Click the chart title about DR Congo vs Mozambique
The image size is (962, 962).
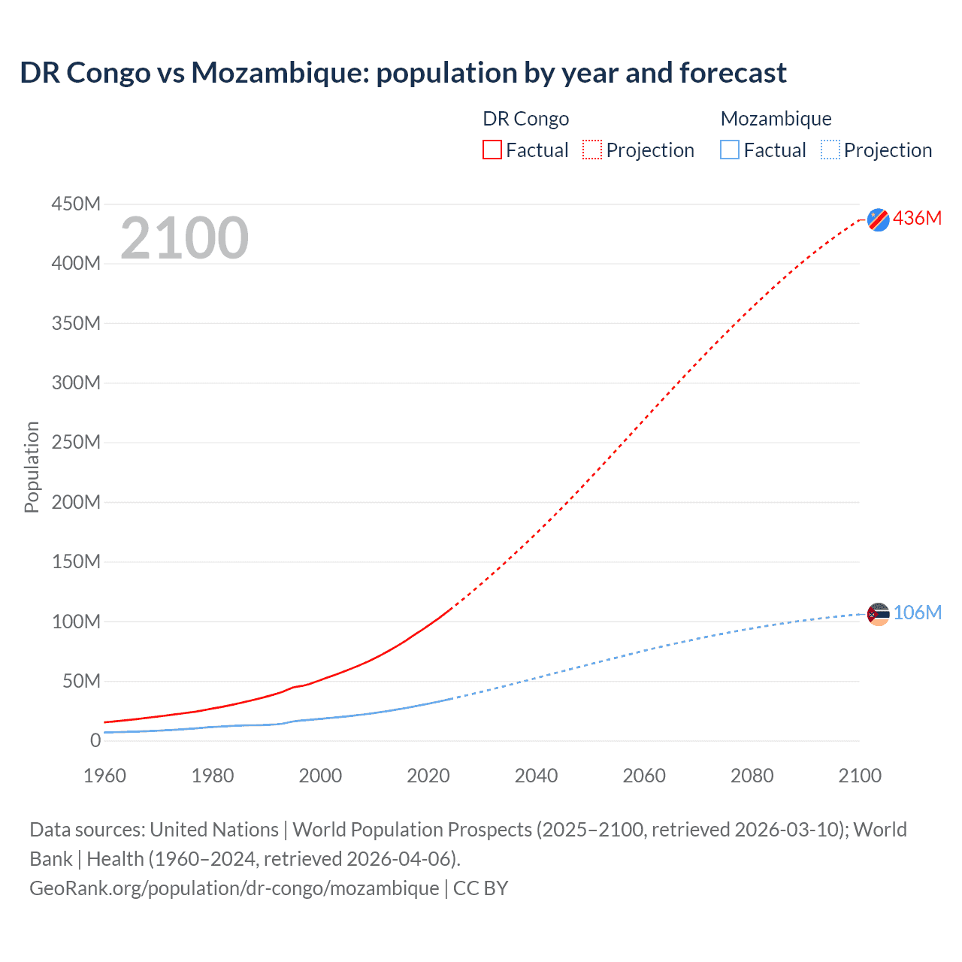click(x=403, y=73)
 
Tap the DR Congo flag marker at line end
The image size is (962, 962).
click(x=878, y=219)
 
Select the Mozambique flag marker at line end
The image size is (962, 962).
click(x=878, y=614)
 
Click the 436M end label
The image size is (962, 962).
click(x=917, y=218)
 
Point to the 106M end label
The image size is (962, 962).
click(x=917, y=613)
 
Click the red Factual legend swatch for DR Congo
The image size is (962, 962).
click(x=492, y=150)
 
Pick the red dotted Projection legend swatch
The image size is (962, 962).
click(x=592, y=150)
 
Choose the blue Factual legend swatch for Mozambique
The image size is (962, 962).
click(x=730, y=150)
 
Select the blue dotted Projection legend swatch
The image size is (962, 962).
click(x=830, y=150)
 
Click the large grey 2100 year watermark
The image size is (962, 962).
click(x=184, y=238)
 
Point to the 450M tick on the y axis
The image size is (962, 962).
click(x=76, y=204)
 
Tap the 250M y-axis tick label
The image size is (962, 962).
click(x=76, y=442)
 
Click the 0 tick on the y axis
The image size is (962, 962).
click(x=95, y=740)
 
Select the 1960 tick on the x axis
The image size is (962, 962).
click(x=104, y=776)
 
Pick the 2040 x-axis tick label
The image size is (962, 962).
click(x=536, y=776)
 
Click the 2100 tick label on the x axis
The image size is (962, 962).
click(x=860, y=776)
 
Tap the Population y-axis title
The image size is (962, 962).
click(x=32, y=467)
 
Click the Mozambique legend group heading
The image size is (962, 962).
click(x=776, y=119)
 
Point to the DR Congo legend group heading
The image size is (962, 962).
click(x=525, y=119)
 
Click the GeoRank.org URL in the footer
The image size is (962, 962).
click(x=234, y=888)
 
